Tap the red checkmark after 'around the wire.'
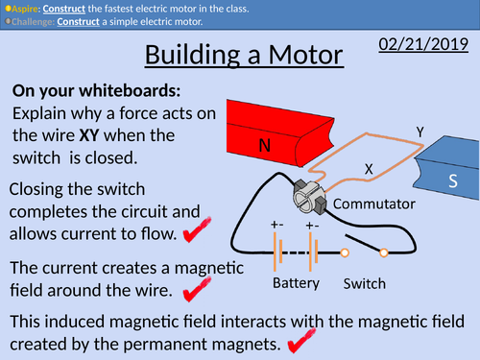198,288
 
